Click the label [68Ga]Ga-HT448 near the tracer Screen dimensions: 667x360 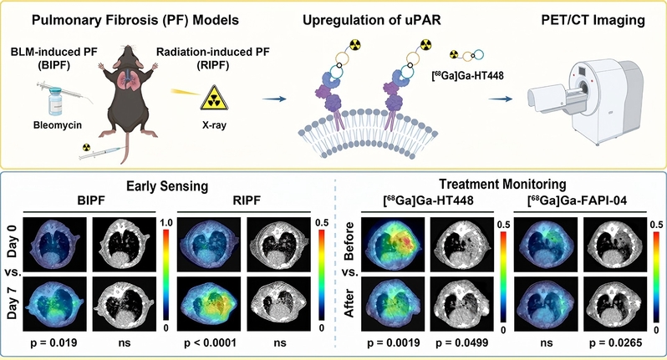coord(468,76)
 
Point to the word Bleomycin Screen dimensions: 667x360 coord(58,125)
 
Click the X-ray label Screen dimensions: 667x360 coord(214,125)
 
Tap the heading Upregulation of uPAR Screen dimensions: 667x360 coord(372,20)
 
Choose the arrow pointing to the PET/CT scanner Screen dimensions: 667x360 coord(500,99)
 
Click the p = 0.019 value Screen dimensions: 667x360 coord(54,342)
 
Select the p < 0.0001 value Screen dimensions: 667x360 coord(210,342)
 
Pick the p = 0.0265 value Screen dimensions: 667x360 coord(615,342)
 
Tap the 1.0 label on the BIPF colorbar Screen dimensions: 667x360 coord(167,223)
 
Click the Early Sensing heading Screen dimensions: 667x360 coord(167,186)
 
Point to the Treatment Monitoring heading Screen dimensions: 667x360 coord(502,184)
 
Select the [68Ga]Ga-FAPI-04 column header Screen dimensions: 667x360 coord(577,200)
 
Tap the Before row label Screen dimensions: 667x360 coord(349,241)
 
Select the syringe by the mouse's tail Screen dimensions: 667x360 coord(102,152)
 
